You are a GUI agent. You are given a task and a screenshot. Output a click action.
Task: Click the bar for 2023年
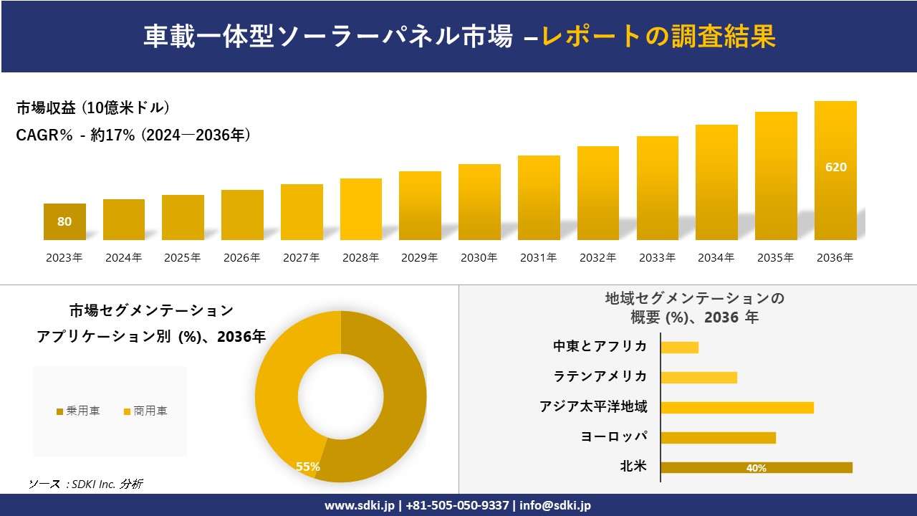64,222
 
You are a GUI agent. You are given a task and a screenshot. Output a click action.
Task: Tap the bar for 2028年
361,209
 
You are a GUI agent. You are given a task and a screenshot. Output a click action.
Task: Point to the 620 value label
835,167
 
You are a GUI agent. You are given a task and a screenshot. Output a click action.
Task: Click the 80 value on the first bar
64,221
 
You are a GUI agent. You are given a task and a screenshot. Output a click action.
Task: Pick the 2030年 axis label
479,258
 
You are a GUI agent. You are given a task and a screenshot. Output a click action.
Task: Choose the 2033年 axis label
656,258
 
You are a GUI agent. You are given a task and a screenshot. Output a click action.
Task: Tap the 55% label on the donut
308,467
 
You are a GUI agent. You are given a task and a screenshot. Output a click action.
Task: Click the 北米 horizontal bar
756,467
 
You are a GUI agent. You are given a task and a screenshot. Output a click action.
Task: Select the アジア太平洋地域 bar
736,407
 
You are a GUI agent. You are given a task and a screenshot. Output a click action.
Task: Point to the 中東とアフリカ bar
679,348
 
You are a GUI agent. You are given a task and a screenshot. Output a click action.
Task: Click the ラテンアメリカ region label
600,376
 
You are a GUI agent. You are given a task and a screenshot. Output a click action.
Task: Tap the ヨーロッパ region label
614,436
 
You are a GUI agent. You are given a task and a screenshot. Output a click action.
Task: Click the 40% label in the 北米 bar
756,468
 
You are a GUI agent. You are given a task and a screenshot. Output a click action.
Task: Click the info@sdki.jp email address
555,505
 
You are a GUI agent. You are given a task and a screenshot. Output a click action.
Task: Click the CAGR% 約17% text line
133,135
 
